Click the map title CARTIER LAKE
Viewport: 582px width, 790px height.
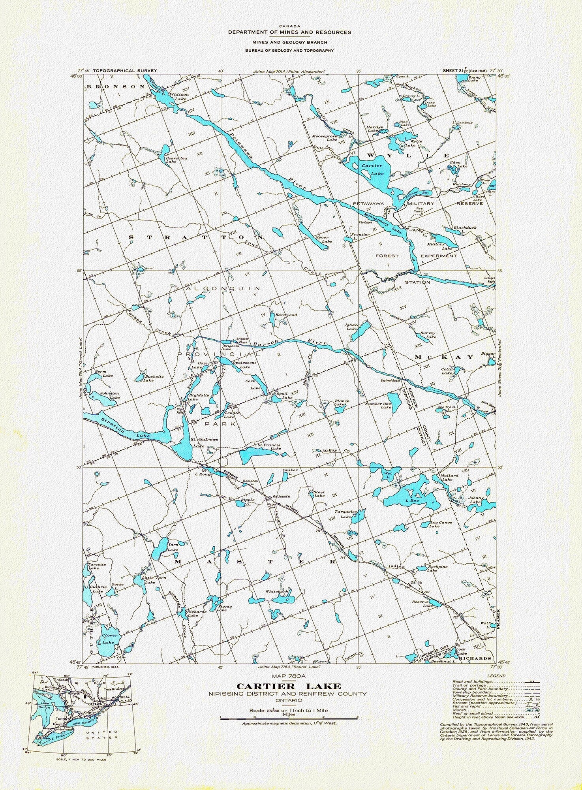coord(289,686)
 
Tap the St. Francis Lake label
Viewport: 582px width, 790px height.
coord(269,447)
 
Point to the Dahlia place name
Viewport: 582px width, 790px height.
coord(416,582)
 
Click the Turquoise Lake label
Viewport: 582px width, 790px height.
coord(345,514)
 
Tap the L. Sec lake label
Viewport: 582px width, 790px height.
coord(412,501)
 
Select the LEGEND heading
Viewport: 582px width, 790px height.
coord(496,676)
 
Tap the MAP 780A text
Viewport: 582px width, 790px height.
coord(289,677)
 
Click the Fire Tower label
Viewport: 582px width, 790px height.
coord(419,210)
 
